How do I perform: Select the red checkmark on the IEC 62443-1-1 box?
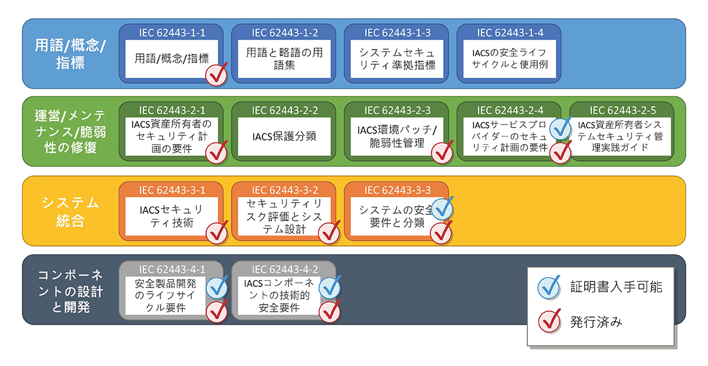(216, 75)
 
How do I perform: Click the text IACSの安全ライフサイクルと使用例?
(509, 59)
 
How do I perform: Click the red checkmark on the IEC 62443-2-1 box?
(216, 152)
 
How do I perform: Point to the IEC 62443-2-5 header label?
(622, 109)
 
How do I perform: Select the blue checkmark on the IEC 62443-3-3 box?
(442, 208)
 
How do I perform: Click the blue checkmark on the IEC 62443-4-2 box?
(329, 287)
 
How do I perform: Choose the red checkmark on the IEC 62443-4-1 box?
(217, 309)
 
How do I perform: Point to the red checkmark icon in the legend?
(550, 321)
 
